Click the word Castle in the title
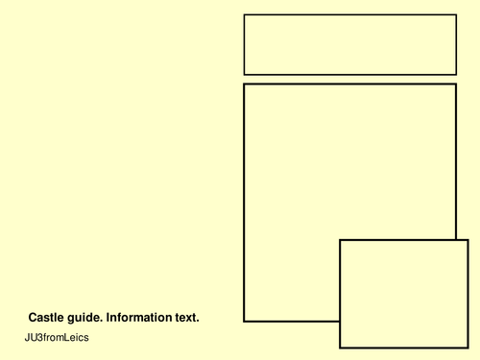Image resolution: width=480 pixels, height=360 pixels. pyautogui.click(x=46, y=317)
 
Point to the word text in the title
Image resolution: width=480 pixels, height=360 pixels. pyautogui.click(x=185, y=317)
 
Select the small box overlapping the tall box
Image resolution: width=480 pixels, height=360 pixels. pyautogui.click(x=403, y=294)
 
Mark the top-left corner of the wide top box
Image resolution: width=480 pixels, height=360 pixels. pyautogui.click(x=244, y=14)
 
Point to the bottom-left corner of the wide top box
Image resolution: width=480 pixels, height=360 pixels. pyautogui.click(x=244, y=74)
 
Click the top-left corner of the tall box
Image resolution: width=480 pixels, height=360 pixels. pyautogui.click(x=244, y=84)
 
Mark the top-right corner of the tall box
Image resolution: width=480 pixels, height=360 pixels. pyautogui.click(x=455, y=84)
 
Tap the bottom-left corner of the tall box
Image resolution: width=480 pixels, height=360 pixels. pyautogui.click(x=244, y=321)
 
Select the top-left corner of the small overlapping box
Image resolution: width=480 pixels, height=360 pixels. pyautogui.click(x=340, y=240)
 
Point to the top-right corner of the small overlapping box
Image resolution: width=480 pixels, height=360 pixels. pyautogui.click(x=468, y=240)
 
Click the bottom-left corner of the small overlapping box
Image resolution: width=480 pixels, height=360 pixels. pyautogui.click(x=340, y=348)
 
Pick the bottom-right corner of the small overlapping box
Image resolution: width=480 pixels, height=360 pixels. pyautogui.click(x=468, y=348)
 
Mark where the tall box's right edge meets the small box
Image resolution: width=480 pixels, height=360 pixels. pyautogui.click(x=455, y=240)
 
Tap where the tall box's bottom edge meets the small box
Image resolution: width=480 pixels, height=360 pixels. pyautogui.click(x=340, y=321)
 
